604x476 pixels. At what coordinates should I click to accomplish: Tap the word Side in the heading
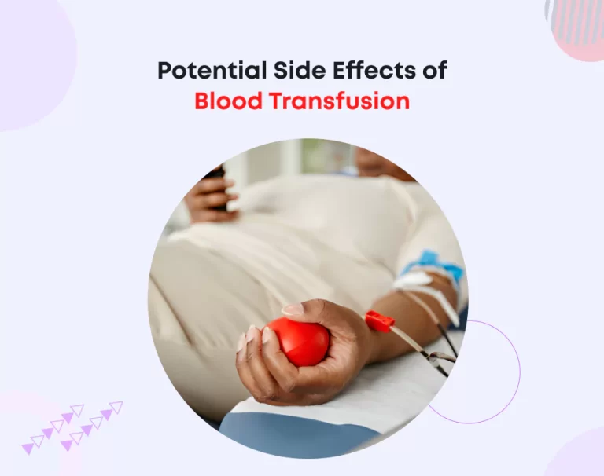289,70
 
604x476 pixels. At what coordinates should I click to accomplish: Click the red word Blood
226,102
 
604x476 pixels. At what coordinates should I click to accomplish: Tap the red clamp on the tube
378,320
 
